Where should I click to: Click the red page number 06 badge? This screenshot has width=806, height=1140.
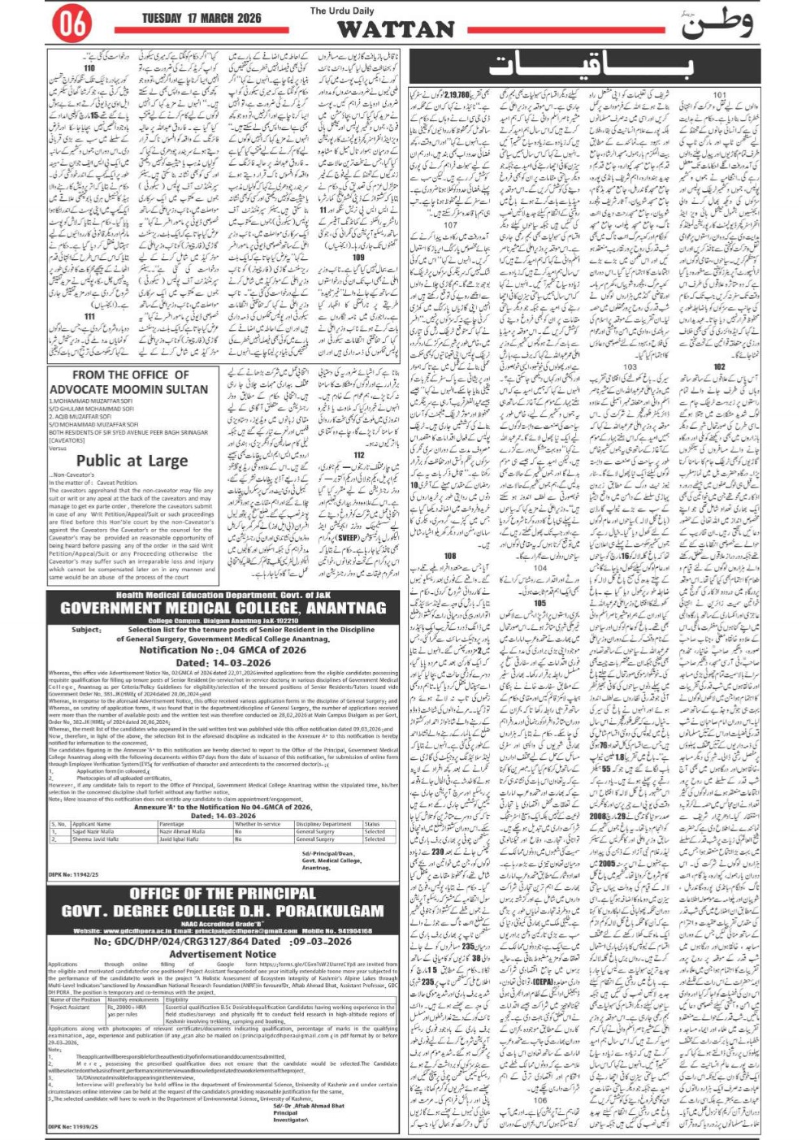point(72,24)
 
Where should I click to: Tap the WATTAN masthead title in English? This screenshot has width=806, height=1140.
point(395,29)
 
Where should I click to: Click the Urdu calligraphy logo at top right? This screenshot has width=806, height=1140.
point(715,24)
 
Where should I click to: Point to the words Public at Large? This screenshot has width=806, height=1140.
point(132,461)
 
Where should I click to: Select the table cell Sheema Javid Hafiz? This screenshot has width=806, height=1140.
point(96,839)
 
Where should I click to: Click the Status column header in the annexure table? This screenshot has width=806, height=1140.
point(372,824)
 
